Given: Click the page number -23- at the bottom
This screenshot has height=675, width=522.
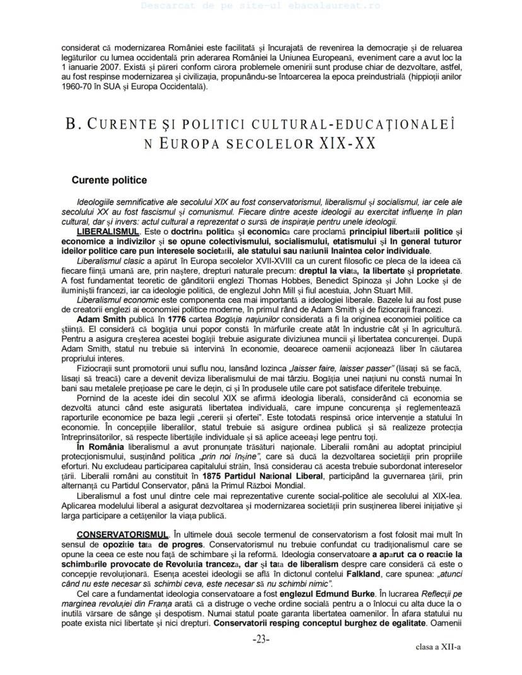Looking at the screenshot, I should point(261,639).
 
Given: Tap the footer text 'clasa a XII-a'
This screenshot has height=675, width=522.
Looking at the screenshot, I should point(438,647).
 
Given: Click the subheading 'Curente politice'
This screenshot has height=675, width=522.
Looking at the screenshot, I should point(109,180).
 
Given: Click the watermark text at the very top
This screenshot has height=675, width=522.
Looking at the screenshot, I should point(260,6).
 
